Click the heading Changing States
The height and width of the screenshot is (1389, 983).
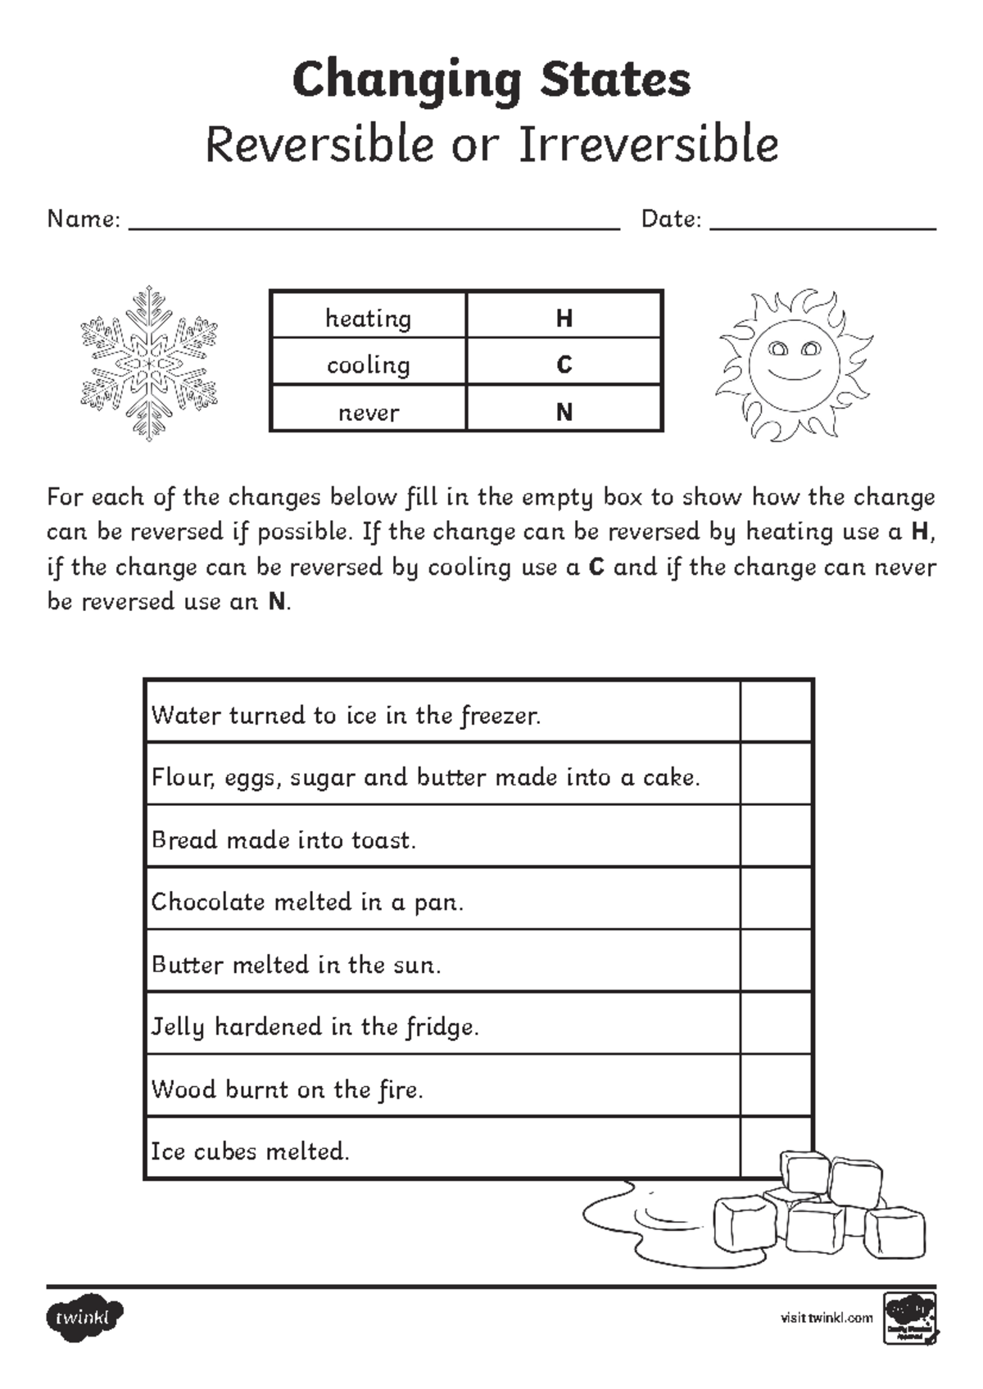491,80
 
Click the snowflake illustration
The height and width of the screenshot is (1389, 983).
149,363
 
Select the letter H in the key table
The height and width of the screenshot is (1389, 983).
564,318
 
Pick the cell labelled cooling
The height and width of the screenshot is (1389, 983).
369,364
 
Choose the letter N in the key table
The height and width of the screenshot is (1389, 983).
564,412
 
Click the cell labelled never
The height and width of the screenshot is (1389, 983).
369,412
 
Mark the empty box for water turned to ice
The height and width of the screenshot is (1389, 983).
776,712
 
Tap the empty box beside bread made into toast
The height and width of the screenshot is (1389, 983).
776,836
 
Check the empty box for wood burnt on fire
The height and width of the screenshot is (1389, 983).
776,1086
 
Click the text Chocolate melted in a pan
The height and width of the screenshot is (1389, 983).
307,902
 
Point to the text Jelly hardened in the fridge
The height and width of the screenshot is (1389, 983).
315,1026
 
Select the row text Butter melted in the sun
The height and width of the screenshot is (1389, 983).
296,964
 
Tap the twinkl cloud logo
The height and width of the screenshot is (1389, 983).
85,1318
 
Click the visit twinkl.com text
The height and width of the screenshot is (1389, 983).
826,1318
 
